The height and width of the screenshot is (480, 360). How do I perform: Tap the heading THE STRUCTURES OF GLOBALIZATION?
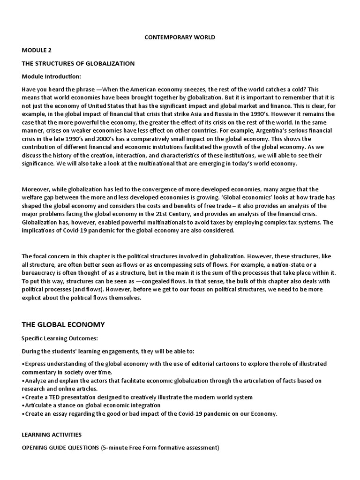[78, 63]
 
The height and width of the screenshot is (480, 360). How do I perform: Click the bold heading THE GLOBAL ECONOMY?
[63, 324]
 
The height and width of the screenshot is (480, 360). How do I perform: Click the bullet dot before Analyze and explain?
[23, 381]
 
